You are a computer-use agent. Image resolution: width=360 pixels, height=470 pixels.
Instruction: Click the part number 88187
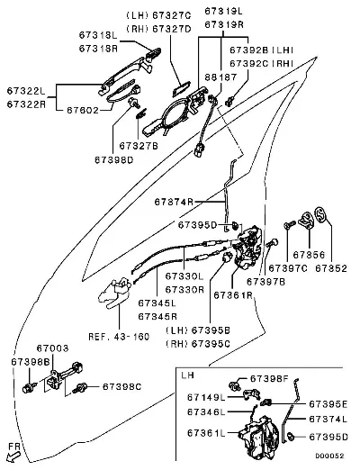pyautogui.click(x=220, y=77)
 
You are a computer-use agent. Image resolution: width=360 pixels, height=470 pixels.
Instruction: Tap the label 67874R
pyautogui.click(x=174, y=202)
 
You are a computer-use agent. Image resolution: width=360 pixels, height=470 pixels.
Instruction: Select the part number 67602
pyautogui.click(x=83, y=110)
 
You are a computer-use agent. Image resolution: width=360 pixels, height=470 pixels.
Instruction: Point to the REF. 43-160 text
pyautogui.click(x=119, y=337)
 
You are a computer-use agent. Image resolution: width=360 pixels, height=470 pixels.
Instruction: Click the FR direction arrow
pyautogui.click(x=13, y=457)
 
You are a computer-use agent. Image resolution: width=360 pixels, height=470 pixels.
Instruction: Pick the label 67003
pyautogui.click(x=52, y=348)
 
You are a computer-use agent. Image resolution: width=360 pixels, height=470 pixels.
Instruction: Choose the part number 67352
pyautogui.click(x=331, y=268)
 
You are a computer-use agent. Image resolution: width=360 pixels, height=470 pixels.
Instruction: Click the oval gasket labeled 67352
pyautogui.click(x=320, y=214)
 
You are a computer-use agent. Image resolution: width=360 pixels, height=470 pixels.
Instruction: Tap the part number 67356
pyautogui.click(x=309, y=255)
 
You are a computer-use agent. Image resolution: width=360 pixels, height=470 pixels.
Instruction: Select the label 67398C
pyautogui.click(x=121, y=386)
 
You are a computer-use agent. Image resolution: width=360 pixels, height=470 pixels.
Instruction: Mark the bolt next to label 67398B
pyautogui.click(x=29, y=388)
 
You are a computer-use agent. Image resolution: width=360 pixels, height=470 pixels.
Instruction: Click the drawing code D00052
pyautogui.click(x=329, y=456)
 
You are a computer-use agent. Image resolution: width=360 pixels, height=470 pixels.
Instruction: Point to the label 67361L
pyautogui.click(x=206, y=433)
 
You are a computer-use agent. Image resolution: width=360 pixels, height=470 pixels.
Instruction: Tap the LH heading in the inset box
pyautogui.click(x=188, y=375)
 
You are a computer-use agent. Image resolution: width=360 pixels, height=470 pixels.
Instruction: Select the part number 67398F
pyautogui.click(x=269, y=379)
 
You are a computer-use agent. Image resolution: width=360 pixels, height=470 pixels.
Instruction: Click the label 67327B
pyautogui.click(x=139, y=146)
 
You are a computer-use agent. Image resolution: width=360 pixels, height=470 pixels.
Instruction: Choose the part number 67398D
pyautogui.click(x=114, y=160)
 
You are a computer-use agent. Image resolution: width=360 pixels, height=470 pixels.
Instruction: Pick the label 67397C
pyautogui.click(x=288, y=268)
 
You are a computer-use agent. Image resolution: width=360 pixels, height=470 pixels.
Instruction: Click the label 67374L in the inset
pyautogui.click(x=328, y=419)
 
